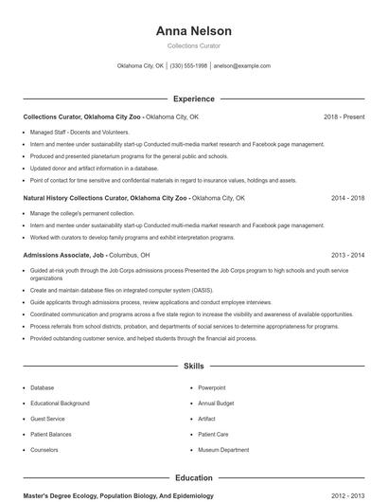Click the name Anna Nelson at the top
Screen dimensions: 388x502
point(193,30)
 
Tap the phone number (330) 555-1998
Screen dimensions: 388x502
point(188,66)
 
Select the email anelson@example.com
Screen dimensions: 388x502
point(242,66)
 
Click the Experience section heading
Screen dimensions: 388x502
point(193,99)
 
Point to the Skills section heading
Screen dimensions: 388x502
point(193,366)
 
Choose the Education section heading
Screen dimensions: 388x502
point(193,478)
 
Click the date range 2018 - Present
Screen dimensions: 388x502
point(344,117)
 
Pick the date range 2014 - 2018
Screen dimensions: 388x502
point(347,198)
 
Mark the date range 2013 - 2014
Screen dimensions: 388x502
point(347,255)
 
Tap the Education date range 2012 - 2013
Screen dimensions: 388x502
point(347,495)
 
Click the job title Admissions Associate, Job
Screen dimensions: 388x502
point(63,255)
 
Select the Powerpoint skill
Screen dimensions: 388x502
point(212,387)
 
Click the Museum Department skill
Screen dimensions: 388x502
point(223,450)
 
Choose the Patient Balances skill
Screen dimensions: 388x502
point(51,435)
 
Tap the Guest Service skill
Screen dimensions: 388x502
point(47,419)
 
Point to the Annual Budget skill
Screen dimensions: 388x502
point(216,403)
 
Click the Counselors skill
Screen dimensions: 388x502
point(44,450)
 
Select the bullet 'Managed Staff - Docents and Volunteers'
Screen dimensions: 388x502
point(79,132)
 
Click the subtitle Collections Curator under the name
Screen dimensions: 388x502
point(193,45)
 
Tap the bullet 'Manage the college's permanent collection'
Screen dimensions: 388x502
point(82,213)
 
